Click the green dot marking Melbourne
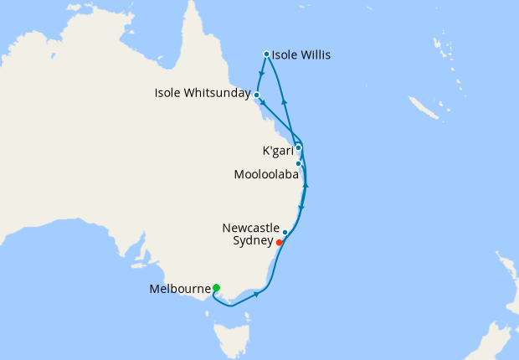tap(216, 288)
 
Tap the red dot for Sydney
tap(279, 242)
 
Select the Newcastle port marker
tap(285, 232)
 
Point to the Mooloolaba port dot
tap(298, 163)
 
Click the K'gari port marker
tap(298, 147)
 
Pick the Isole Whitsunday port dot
tap(256, 95)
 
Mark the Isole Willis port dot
tap(266, 54)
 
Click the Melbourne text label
tap(178, 290)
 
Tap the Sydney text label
tap(251, 241)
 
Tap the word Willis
tap(313, 56)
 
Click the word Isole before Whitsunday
tap(170, 92)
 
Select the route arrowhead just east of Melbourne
tap(254, 294)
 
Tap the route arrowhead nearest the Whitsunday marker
tap(263, 103)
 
